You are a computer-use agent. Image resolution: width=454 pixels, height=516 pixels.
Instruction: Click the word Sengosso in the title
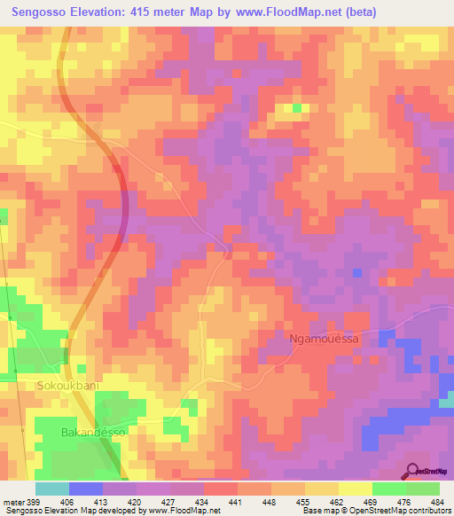(44, 12)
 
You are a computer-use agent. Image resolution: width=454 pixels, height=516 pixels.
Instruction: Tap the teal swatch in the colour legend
(51, 489)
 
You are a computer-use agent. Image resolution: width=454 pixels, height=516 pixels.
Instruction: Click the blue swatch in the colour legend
(85, 489)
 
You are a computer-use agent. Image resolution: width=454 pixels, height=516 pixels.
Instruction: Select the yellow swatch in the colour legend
(355, 489)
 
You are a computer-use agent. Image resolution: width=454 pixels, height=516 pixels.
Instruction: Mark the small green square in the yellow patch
(296, 109)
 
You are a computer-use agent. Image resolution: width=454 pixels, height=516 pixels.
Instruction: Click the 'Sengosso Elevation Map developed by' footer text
(62, 511)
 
